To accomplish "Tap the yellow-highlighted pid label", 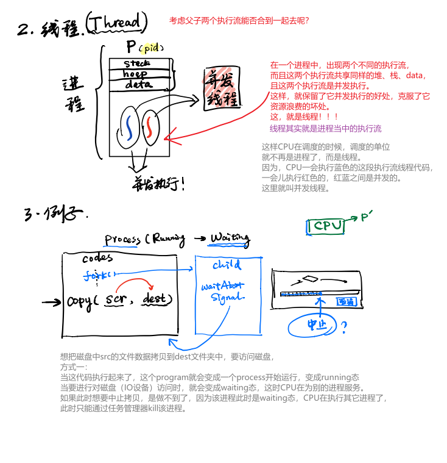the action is pyautogui.click(x=149, y=48).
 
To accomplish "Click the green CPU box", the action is pyautogui.click(x=326, y=226).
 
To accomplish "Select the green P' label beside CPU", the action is pyautogui.click(x=367, y=217).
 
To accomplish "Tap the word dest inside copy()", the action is pyautogui.click(x=157, y=300).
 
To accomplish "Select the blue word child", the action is pyautogui.click(x=227, y=265).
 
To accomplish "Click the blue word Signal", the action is pyautogui.click(x=227, y=297).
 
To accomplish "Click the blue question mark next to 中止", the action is pyautogui.click(x=343, y=329).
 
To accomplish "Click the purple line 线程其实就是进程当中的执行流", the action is pyautogui.click(x=325, y=129).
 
